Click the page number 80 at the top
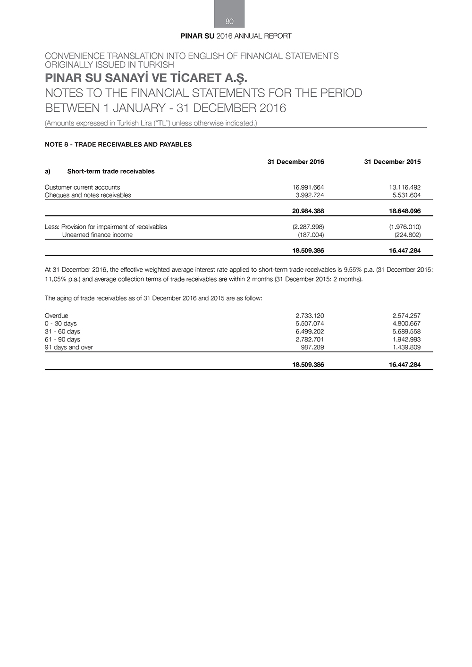coord(229,21)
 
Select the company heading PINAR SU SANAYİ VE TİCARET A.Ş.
coord(146,77)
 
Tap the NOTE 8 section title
coord(118,144)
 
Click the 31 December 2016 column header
coord(295,162)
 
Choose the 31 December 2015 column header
coord(392,162)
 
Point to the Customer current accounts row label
coord(82,187)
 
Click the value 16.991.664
coord(308,187)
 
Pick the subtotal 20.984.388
coord(308,211)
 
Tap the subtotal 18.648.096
coord(405,211)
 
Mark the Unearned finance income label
coord(97,235)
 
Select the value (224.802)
coord(407,235)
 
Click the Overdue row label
coord(56,316)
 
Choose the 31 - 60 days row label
coord(62,332)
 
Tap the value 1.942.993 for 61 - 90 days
coord(406,339)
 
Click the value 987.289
coord(312,347)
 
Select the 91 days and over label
coord(68,347)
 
